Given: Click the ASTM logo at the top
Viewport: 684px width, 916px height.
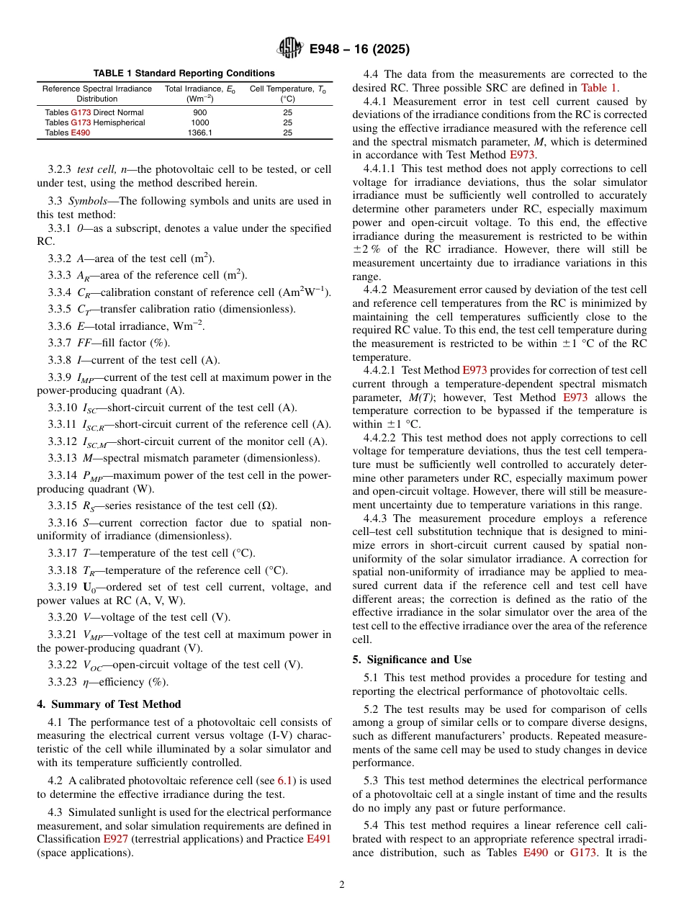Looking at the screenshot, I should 290,49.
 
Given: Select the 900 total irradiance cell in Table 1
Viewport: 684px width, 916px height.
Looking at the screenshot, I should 200,113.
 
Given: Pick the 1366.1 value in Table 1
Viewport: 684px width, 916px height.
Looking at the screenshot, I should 200,133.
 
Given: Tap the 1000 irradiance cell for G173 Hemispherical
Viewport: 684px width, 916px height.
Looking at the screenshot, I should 200,122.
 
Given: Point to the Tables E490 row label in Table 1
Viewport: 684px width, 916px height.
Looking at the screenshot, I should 68,133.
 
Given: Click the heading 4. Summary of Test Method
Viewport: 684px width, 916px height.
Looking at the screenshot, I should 109,704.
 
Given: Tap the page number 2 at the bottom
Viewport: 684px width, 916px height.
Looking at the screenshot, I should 342,885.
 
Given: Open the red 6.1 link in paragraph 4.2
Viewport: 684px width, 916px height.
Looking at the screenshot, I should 285,780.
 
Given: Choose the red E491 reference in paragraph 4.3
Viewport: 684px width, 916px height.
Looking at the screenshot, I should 319,839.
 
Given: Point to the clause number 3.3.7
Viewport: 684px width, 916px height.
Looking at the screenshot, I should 60,343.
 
